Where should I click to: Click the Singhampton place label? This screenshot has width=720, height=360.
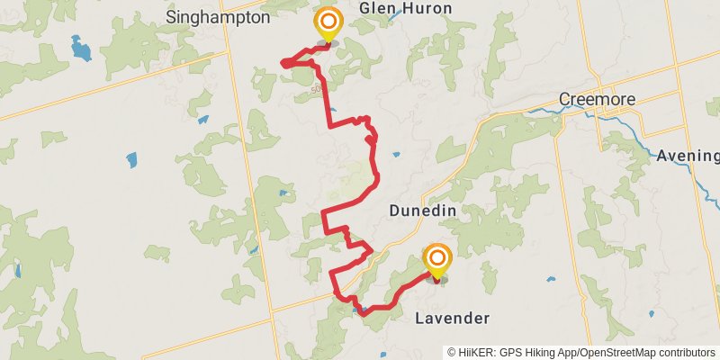(x=219, y=17)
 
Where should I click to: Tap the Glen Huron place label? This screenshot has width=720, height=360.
(x=405, y=8)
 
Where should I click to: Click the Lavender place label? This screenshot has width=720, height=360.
(x=452, y=319)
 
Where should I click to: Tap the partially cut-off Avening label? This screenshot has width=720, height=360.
(x=688, y=155)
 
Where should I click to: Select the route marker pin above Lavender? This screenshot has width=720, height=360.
(x=437, y=260)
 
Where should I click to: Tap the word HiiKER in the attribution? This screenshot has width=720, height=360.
(x=475, y=352)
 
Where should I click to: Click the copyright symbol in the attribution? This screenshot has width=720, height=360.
(x=452, y=352)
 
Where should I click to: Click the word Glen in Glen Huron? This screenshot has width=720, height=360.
(x=376, y=8)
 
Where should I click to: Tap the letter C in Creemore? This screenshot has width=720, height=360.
(x=563, y=98)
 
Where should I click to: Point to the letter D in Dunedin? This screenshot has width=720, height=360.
(x=394, y=210)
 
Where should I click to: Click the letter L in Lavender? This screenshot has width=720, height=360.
(x=418, y=319)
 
